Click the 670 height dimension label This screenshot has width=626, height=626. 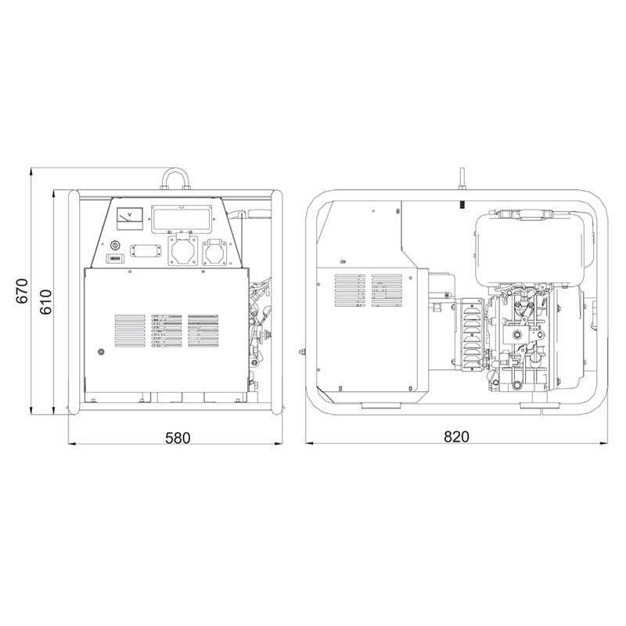click(23, 291)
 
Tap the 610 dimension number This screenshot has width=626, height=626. click(45, 302)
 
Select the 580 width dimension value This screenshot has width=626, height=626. click(178, 438)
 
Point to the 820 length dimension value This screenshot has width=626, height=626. click(457, 437)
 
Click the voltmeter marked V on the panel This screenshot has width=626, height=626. click(130, 218)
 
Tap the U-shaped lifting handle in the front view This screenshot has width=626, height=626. click(176, 178)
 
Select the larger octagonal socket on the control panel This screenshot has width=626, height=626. click(183, 250)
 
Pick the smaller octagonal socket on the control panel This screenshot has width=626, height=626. click(216, 252)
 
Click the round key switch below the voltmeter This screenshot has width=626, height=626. click(115, 245)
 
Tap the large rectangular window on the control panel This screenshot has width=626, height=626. click(182, 218)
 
